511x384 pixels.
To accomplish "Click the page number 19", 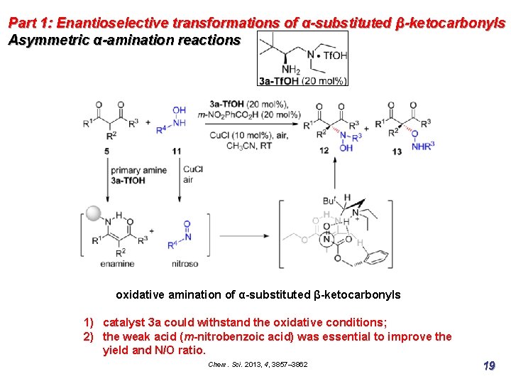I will tap(488, 366).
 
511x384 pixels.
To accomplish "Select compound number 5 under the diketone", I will tap(107, 151).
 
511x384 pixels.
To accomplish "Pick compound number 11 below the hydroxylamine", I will tap(176, 151).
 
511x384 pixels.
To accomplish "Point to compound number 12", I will tap(324, 150).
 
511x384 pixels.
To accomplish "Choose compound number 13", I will tap(396, 151).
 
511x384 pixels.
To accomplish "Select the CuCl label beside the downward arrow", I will tap(192, 169).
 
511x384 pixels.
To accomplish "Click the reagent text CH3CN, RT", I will tap(249, 146).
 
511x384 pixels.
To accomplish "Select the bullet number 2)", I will tap(90, 336).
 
